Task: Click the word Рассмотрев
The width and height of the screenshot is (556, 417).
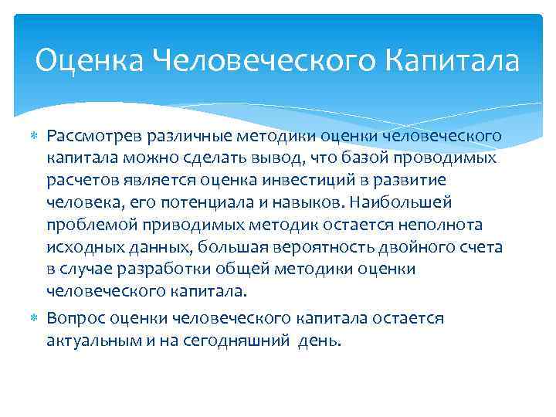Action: coord(92,137)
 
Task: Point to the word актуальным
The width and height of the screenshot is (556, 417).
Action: coord(91,341)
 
